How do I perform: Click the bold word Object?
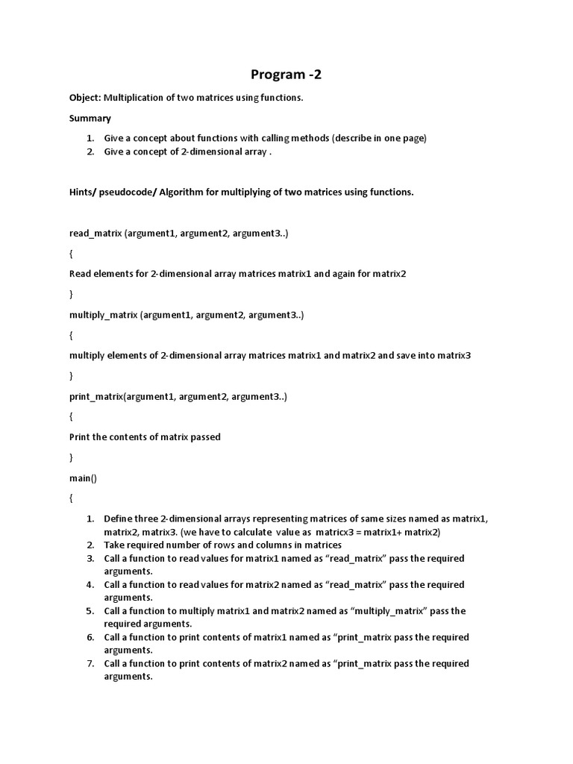pos(84,98)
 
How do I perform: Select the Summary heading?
pos(90,118)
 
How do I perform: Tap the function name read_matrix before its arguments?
pos(95,234)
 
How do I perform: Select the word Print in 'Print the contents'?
pos(80,436)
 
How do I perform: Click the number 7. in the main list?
pos(90,663)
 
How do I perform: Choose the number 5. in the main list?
pos(90,610)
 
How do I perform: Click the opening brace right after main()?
pos(72,498)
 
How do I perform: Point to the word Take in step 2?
pos(114,545)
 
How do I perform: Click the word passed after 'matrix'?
pos(204,436)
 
